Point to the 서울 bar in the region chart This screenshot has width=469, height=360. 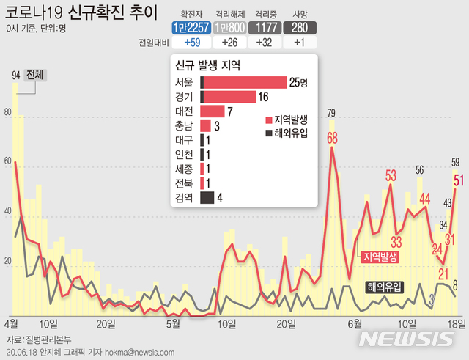(x=243, y=82)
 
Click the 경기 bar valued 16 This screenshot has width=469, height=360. (x=227, y=97)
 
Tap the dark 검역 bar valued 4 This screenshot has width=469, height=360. (x=207, y=197)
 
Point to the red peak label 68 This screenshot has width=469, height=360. (x=332, y=137)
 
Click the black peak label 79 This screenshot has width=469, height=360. (x=331, y=113)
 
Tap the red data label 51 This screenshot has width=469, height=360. (x=457, y=180)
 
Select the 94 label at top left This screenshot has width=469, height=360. (x=15, y=75)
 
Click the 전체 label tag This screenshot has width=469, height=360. (x=34, y=75)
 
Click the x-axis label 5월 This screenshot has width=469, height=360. (x=174, y=323)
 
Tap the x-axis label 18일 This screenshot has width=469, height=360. (x=457, y=323)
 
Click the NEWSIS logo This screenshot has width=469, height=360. (x=407, y=339)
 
